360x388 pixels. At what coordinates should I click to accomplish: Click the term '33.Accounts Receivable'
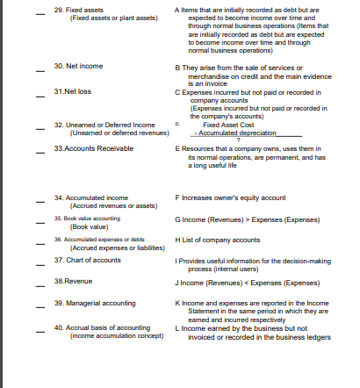pyautogui.click(x=90, y=150)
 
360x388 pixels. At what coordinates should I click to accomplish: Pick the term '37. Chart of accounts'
pyautogui.click(x=88, y=261)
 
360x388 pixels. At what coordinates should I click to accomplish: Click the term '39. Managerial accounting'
pyautogui.click(x=95, y=302)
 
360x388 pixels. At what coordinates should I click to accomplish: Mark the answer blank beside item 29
pyautogui.click(x=39, y=11)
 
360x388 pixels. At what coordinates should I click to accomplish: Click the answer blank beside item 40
pyautogui.click(x=39, y=328)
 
